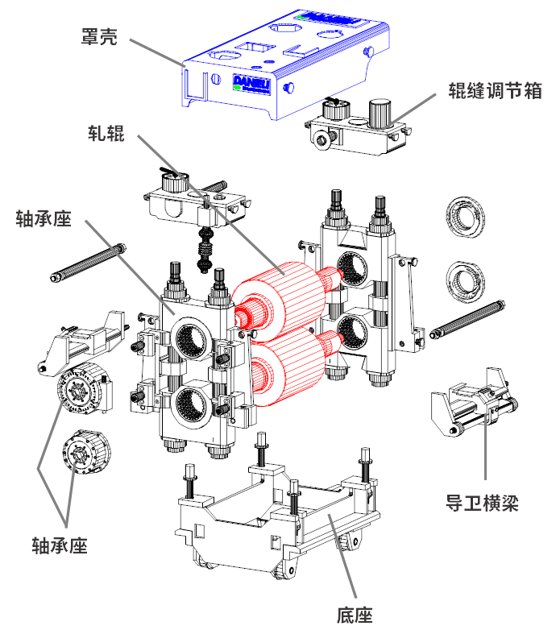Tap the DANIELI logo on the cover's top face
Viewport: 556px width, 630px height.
coord(327,16)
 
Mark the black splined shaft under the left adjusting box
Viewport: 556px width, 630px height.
coord(205,251)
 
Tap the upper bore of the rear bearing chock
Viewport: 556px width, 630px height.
coord(355,266)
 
